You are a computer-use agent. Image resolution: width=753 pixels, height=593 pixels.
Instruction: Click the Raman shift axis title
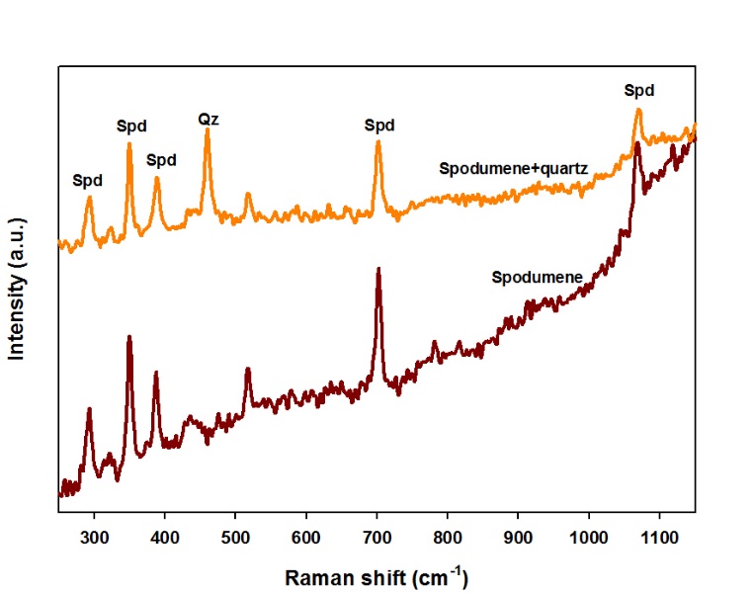[x=376, y=577]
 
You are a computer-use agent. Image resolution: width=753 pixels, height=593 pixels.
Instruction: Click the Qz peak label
[x=208, y=120]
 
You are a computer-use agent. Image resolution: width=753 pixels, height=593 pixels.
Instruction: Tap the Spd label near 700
[x=378, y=126]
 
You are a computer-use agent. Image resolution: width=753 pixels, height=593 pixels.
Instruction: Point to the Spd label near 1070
[x=638, y=90]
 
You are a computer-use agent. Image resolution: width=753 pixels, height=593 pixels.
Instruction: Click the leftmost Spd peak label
[x=87, y=181]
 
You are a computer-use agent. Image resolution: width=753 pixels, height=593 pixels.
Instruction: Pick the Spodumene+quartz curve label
[x=514, y=168]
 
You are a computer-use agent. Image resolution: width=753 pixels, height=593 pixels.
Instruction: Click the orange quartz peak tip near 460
[x=208, y=130]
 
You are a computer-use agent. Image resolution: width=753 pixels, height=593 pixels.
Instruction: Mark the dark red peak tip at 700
[x=377, y=269]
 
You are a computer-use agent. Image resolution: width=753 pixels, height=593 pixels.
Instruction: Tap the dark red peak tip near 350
[x=129, y=337]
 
